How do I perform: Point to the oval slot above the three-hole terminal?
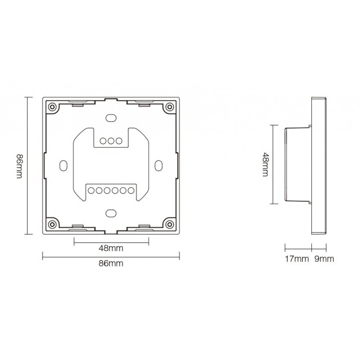111,118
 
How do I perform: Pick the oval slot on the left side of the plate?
64,165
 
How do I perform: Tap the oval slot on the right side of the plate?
158,165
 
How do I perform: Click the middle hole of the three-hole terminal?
111,140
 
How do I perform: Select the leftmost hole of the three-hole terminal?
103,140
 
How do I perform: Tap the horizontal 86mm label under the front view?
111,264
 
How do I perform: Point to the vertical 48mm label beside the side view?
265,165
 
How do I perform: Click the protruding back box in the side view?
297,165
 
